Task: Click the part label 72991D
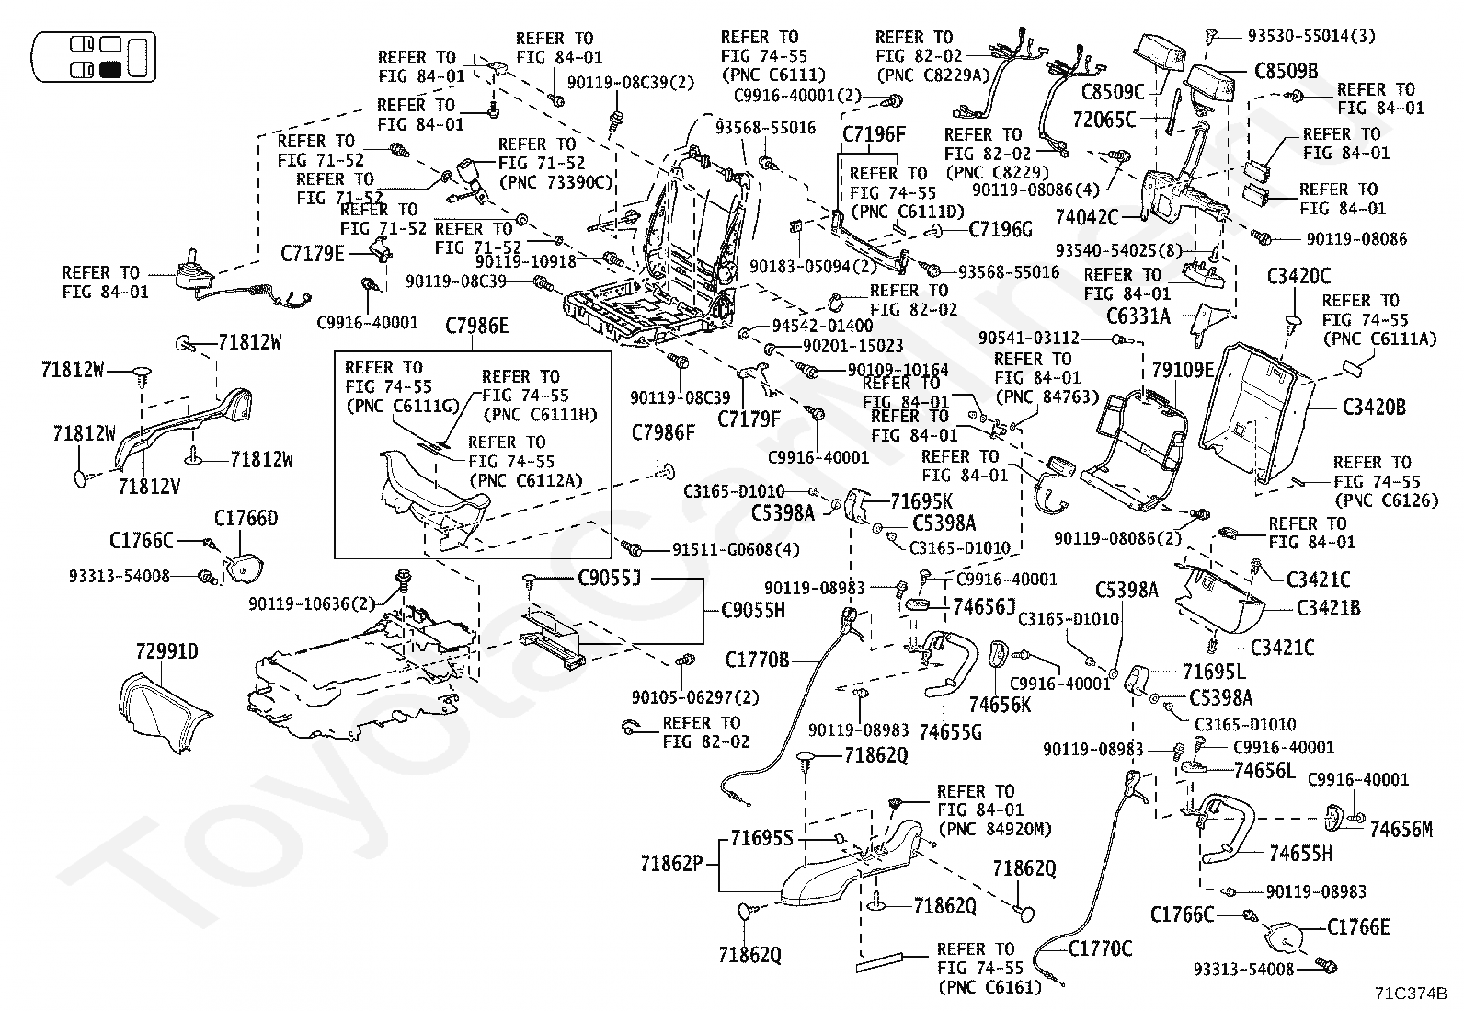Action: pos(166,652)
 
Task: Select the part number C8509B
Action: pos(1286,71)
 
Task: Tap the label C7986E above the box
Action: pos(476,326)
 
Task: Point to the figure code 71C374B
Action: pos(1411,993)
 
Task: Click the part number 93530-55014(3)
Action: pos(1311,36)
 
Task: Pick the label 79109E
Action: pos(1183,370)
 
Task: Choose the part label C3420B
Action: pos(1374,408)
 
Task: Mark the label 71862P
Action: pos(672,864)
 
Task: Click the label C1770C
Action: pos(1100,948)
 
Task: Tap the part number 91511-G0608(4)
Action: pos(736,549)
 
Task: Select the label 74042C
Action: pos(1087,217)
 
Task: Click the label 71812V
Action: pos(149,486)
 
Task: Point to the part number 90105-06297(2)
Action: pos(695,697)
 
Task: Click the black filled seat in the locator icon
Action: pos(112,69)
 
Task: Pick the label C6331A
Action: pos(1138,316)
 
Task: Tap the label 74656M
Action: pos(1401,829)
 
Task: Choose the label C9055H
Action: pos(753,610)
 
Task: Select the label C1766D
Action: pos(246,519)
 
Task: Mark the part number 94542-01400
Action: pos(822,326)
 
